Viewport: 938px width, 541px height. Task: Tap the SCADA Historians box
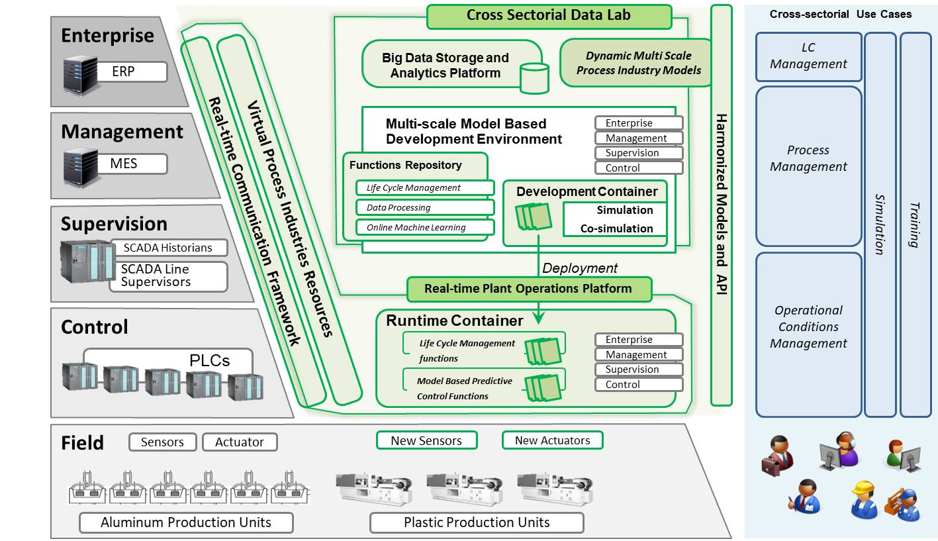(168, 248)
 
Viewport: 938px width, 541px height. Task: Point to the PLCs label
(210, 360)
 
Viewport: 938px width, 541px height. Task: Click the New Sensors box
(427, 440)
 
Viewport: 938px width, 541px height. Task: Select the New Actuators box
(552, 440)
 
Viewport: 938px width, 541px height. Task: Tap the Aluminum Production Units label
(186, 522)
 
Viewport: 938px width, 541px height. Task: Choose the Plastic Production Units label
(477, 522)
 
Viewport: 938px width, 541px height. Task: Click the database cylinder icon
(534, 78)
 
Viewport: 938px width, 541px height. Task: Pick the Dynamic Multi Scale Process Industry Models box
(638, 63)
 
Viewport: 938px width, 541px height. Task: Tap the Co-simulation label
(616, 228)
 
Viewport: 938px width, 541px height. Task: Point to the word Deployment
(580, 268)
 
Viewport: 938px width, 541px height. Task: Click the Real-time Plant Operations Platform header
(528, 289)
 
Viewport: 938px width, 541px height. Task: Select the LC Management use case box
(808, 56)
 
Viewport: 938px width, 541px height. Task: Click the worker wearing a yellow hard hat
(864, 500)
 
